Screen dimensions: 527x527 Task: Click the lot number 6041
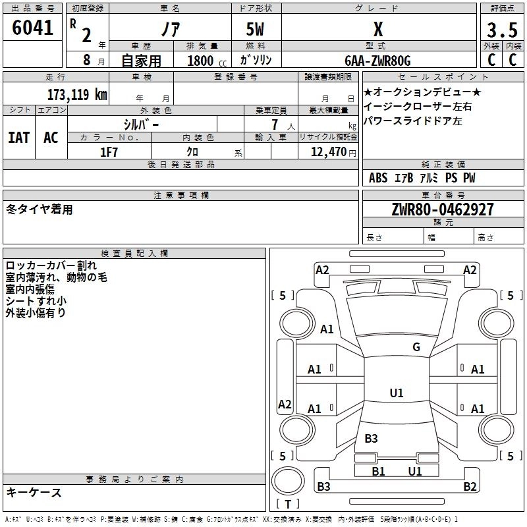click(x=32, y=28)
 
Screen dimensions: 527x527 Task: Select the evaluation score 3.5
click(x=501, y=30)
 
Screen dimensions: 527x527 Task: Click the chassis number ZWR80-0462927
click(x=442, y=210)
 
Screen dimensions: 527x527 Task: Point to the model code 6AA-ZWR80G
click(x=377, y=61)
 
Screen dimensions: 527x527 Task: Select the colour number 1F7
click(x=109, y=152)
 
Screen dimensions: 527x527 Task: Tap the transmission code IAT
click(x=18, y=138)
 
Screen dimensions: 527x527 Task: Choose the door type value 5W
click(x=257, y=30)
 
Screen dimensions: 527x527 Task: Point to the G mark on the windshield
click(x=416, y=347)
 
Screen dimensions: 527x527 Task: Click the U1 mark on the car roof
click(x=396, y=393)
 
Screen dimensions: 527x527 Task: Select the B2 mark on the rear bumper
click(x=469, y=487)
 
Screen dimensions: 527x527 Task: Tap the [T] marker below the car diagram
click(x=287, y=505)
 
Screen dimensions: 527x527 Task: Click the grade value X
click(x=377, y=30)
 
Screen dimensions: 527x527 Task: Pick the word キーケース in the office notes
click(x=34, y=493)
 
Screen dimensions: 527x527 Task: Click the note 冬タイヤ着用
click(x=40, y=209)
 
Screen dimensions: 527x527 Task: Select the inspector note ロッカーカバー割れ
click(x=51, y=266)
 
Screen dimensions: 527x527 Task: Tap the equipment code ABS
click(x=378, y=178)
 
